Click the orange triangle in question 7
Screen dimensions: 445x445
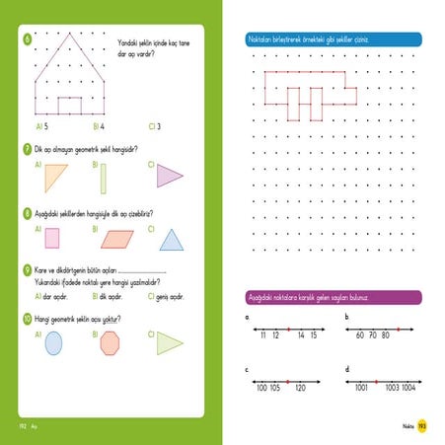tap(55, 179)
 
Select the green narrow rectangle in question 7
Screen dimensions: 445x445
tap(103, 179)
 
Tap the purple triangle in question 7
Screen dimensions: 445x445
tap(170, 177)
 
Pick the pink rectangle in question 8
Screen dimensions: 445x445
tap(52, 239)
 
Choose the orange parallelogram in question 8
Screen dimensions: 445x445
tap(115, 239)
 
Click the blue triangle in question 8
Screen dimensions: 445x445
tap(172, 239)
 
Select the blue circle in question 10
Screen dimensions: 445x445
tap(53, 342)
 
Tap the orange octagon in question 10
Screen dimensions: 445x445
tap(110, 342)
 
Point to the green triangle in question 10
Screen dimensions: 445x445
tap(169, 341)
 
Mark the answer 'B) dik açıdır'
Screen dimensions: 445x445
tap(107, 295)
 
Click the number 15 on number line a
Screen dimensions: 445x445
tap(312, 336)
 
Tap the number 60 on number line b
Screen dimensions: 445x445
tap(360, 336)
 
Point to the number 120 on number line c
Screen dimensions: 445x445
tap(299, 389)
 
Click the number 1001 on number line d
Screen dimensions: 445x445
tap(361, 389)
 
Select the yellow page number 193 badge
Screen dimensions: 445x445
tap(421, 425)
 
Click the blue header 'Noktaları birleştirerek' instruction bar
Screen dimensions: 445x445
tap(333, 39)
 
